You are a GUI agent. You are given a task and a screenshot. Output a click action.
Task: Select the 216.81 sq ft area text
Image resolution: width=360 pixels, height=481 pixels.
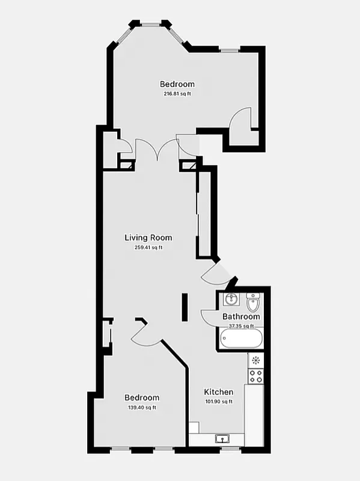tap(177, 94)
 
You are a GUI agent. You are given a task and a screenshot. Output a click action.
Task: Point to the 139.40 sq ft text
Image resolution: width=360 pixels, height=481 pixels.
tap(142, 408)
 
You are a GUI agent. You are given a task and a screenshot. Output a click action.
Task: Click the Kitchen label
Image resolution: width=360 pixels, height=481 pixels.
tap(218, 391)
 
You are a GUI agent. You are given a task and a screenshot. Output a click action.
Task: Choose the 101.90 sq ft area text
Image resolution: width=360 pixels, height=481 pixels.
tap(218, 402)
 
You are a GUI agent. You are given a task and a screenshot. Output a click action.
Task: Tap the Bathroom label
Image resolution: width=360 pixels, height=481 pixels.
tap(241, 316)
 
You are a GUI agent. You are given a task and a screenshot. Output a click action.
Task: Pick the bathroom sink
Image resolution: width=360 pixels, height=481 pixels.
tap(230, 299)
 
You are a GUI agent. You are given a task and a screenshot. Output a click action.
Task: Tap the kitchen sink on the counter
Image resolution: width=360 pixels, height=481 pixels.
tap(222, 439)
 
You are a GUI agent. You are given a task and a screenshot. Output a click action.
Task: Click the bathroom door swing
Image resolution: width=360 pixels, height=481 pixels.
tap(208, 316)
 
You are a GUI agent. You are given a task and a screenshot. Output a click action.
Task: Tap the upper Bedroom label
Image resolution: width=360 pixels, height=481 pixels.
tap(177, 84)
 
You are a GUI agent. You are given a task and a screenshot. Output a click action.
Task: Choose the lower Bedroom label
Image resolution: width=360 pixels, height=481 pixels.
tap(142, 397)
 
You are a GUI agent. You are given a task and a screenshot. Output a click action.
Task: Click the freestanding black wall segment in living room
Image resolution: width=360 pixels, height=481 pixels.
tap(185, 307)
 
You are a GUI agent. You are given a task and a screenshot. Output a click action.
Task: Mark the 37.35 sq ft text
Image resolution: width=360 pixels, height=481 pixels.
tap(241, 326)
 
